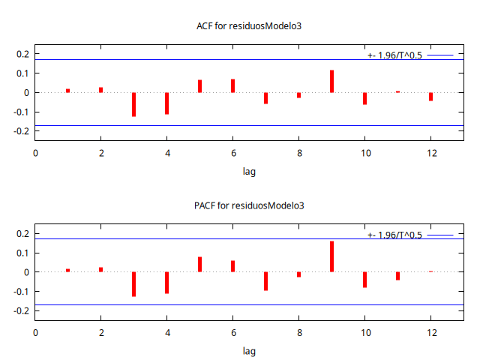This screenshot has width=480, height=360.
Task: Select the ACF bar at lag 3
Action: pos(133,104)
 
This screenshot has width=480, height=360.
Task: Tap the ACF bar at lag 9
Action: pos(331,81)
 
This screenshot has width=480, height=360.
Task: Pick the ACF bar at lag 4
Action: pos(166,103)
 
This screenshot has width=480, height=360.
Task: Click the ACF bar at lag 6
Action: pos(232,85)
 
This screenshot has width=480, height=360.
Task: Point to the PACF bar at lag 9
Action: pos(331,256)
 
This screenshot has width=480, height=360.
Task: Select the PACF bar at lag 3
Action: pos(133,284)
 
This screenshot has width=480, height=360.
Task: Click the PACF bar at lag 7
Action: pos(265,281)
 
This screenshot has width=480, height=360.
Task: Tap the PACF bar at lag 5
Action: pos(199,264)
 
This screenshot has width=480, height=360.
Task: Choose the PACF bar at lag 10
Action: pos(364,280)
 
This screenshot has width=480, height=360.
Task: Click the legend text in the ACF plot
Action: pos(394,55)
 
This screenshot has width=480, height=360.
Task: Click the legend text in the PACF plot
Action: pos(394,235)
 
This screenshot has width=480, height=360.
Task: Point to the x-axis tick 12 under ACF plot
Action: pos(430,153)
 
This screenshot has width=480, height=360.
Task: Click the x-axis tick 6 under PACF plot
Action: pos(232,333)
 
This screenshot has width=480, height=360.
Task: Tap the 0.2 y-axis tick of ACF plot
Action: pos(22,54)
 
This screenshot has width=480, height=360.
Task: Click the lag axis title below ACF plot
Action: pos(249,172)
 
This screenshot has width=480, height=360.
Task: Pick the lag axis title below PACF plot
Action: pos(249,351)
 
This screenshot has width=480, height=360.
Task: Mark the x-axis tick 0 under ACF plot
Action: pos(35,153)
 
